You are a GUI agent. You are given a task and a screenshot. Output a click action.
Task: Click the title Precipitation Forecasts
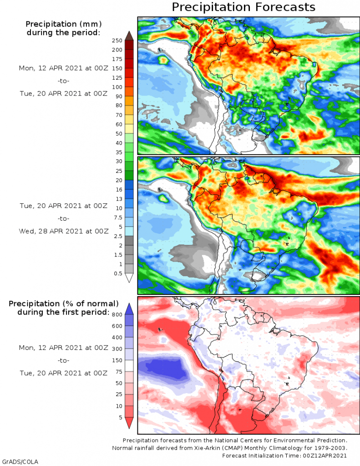click(243, 7)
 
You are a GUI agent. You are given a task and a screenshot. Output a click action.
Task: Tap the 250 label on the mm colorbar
click(117, 40)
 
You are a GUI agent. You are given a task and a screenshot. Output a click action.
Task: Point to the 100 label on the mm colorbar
click(117, 87)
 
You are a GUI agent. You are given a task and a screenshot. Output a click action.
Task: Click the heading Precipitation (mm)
click(63, 24)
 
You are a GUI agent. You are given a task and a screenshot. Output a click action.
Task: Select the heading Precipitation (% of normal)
click(64, 303)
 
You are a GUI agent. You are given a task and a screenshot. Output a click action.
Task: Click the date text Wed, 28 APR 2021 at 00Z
click(64, 231)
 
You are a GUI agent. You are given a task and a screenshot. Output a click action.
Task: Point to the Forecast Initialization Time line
click(285, 456)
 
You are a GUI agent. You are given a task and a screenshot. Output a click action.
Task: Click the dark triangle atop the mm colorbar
click(129, 35)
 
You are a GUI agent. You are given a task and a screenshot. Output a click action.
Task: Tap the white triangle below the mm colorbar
click(129, 278)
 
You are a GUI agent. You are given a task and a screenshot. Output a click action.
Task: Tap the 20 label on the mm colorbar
click(118, 180)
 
